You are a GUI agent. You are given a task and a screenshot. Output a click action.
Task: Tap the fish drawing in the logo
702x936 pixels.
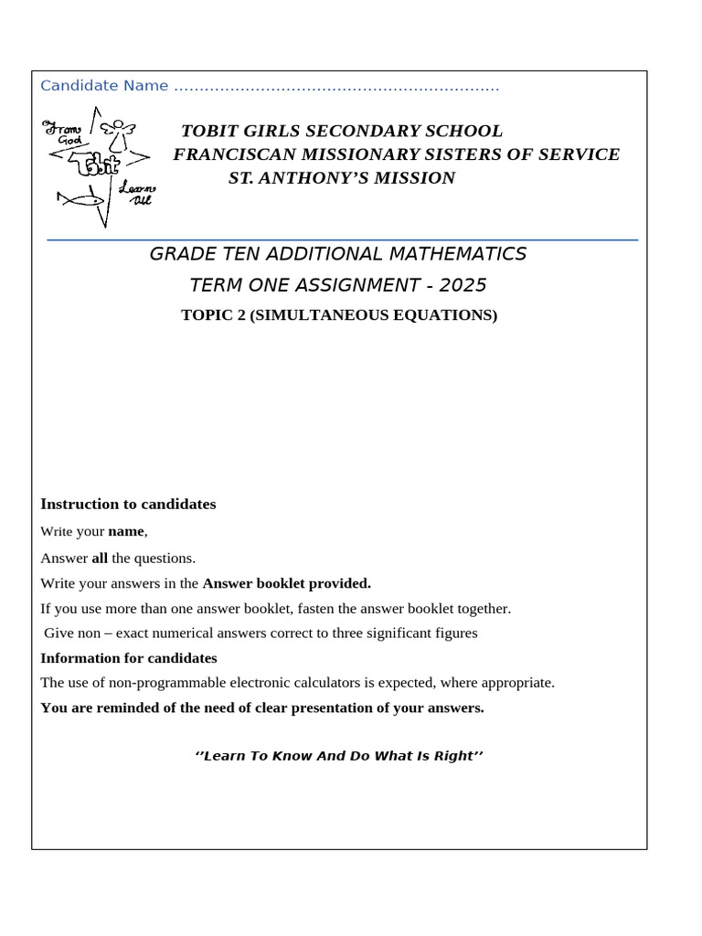[x=79, y=197]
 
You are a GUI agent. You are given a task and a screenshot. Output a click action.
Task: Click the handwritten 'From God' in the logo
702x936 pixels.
[x=65, y=133]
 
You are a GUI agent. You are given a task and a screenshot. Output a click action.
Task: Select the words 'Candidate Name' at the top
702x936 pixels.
[x=104, y=86]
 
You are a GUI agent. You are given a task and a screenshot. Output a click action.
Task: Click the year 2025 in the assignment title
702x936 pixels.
[x=463, y=285]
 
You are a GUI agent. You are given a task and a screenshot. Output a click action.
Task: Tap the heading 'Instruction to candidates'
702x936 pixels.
[x=128, y=505]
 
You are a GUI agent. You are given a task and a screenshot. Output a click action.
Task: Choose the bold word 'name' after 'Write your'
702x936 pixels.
[x=126, y=531]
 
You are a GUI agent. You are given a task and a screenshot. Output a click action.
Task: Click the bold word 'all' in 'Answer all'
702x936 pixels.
[x=100, y=558]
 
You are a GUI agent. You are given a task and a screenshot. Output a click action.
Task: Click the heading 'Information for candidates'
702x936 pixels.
[x=129, y=658]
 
